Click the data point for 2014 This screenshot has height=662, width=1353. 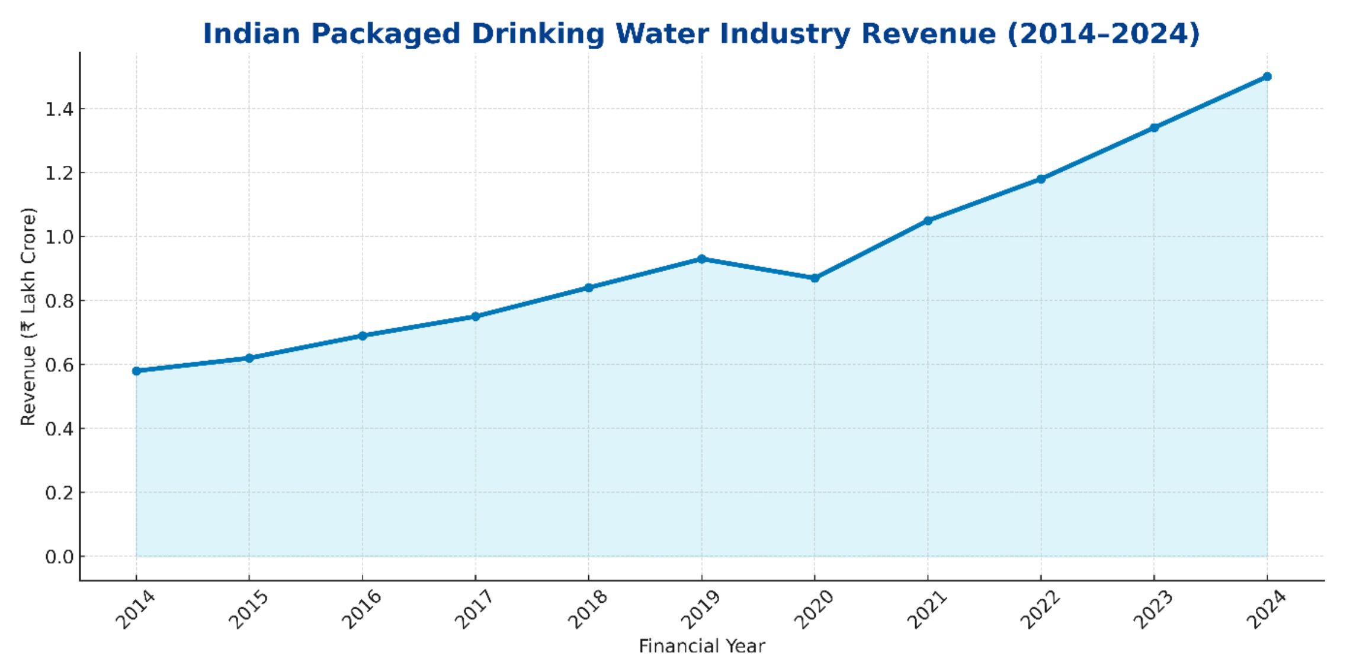[x=136, y=371]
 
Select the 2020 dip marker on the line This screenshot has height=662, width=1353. [x=815, y=278]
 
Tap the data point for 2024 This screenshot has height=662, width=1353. [x=1267, y=76]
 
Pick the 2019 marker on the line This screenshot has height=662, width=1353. [x=702, y=259]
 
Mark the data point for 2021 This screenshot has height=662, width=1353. [x=928, y=220]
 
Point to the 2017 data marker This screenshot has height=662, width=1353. [x=475, y=316]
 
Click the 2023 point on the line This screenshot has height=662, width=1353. [x=1154, y=127]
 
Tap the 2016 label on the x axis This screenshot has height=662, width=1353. [x=362, y=609]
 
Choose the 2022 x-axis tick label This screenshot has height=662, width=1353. [x=1040, y=609]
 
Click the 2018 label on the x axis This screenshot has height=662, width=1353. [x=588, y=609]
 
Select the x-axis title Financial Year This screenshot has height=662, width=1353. [x=702, y=646]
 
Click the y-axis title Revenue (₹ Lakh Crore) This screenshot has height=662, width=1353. [x=28, y=317]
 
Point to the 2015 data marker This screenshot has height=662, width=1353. [x=249, y=358]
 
